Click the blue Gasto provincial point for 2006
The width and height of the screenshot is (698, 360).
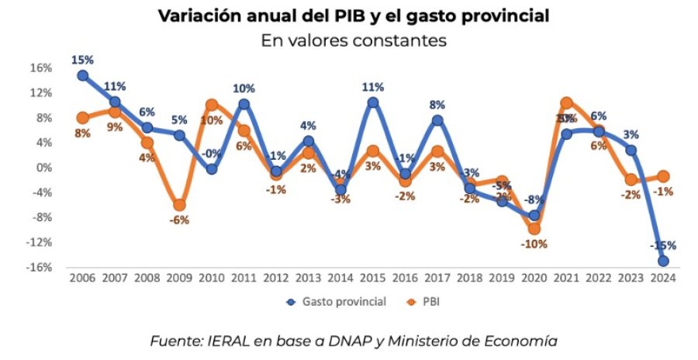(82, 75)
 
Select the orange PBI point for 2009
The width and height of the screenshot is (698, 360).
(179, 205)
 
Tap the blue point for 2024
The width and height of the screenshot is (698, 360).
(664, 261)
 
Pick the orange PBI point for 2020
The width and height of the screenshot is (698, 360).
(534, 229)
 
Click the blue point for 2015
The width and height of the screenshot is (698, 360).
(372, 102)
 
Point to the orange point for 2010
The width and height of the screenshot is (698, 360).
(212, 105)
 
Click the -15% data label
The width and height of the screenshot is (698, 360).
(663, 245)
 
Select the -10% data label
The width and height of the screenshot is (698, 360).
(534, 244)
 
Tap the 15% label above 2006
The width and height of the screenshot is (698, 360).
(82, 59)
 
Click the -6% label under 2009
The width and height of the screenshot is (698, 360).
(179, 220)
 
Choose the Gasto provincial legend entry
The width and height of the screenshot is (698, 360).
(340, 302)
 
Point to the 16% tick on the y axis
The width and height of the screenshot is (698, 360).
(40, 67)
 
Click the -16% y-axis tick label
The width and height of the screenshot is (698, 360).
(39, 267)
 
